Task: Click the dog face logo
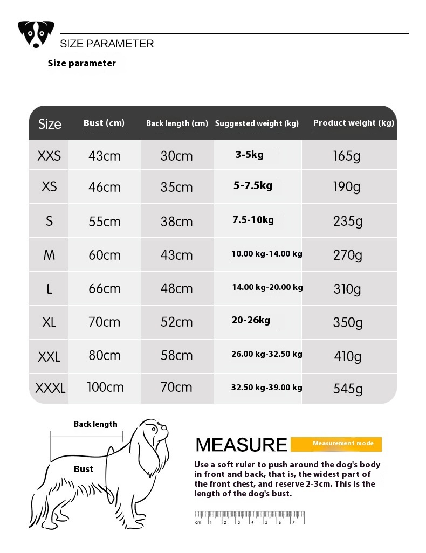[36, 34]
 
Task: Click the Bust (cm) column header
[104, 123]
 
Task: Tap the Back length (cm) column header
[177, 123]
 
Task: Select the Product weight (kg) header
[354, 123]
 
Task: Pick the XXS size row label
[49, 156]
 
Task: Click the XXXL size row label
[50, 388]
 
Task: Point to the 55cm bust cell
[105, 222]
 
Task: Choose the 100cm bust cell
[105, 388]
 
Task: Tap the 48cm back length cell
[176, 288]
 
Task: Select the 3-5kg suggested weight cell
[249, 155]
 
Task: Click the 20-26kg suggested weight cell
[251, 320]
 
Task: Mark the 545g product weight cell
[348, 389]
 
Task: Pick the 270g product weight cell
[348, 255]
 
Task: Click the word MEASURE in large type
[241, 445]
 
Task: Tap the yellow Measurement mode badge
[336, 444]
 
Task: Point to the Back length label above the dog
[95, 424]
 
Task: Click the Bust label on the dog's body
[84, 469]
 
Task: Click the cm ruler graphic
[250, 517]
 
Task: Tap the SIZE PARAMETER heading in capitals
[107, 44]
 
